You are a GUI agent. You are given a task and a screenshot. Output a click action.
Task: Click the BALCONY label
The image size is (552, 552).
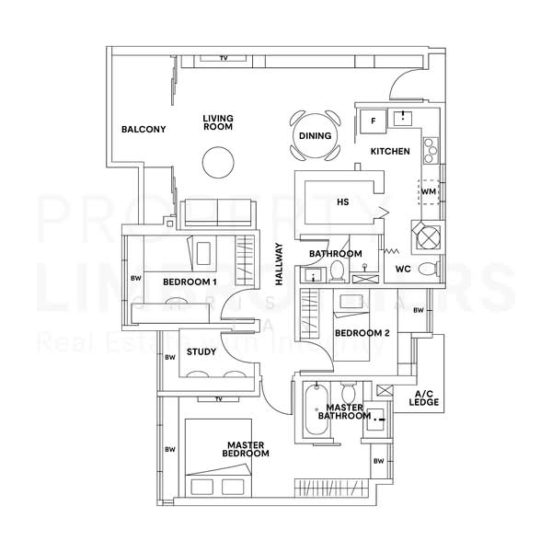click(144, 130)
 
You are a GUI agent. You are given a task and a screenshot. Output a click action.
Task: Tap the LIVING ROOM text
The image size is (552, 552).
click(218, 122)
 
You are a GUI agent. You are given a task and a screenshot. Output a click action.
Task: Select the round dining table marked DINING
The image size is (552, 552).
click(315, 136)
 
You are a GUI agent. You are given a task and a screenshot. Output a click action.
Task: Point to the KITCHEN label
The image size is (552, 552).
click(390, 151)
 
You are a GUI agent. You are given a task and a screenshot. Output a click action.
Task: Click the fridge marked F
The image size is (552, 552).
click(374, 121)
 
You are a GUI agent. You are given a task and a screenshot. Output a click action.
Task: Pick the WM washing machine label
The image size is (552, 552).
click(428, 191)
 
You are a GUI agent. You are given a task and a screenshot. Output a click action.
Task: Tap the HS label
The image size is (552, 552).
click(343, 201)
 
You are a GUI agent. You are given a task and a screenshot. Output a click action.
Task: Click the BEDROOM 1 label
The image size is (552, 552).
click(190, 282)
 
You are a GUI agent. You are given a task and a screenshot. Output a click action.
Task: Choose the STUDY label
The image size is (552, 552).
click(201, 351)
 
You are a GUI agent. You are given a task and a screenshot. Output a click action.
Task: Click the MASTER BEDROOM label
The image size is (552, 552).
click(247, 449)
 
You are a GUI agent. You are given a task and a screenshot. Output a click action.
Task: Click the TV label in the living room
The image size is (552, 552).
click(223, 59)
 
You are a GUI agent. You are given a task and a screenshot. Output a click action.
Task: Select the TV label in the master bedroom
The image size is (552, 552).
click(218, 399)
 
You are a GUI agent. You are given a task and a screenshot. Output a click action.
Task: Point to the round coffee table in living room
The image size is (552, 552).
click(219, 166)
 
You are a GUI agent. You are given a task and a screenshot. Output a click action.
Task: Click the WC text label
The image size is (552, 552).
click(402, 270)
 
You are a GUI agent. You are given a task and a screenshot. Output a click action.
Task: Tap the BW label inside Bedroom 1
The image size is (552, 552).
click(135, 278)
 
